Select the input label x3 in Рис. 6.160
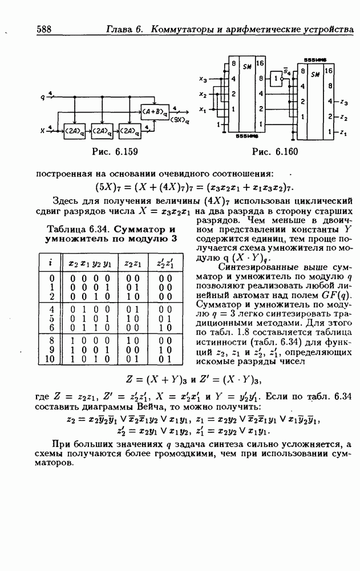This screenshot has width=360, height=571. click(x=203, y=79)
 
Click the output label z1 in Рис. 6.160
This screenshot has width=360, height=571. click(x=343, y=133)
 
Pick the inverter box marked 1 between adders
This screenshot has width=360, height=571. click(x=276, y=78)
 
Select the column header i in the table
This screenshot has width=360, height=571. click(x=50, y=263)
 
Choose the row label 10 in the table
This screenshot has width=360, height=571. click(x=49, y=359)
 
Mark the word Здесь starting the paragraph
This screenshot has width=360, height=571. click(x=66, y=200)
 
